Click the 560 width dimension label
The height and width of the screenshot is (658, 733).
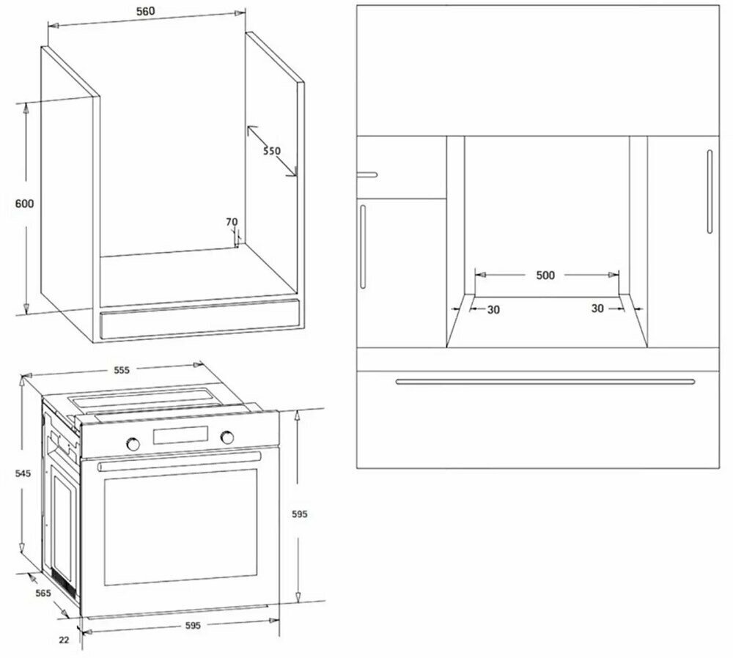145,11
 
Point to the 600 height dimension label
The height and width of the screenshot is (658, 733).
24,204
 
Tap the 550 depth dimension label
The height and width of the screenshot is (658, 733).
272,150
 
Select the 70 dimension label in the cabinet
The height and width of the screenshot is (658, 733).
232,222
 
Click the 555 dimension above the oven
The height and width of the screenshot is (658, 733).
122,370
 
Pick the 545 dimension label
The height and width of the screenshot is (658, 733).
23,473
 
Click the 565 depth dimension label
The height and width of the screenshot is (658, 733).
43,594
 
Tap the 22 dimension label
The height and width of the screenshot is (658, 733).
64,640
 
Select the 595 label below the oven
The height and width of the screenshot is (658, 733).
193,625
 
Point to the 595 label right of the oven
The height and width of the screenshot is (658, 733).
300,514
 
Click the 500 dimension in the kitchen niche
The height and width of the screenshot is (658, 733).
545,276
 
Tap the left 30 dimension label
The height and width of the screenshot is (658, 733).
493,309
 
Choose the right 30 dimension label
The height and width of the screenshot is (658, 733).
597,308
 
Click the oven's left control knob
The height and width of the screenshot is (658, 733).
133,443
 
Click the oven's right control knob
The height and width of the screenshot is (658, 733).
228,437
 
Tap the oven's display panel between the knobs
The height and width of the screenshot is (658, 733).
180,435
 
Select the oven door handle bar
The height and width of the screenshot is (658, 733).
179,461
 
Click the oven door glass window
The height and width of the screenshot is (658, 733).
180,527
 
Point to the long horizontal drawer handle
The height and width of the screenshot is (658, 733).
545,382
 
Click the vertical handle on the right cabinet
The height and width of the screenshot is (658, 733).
710,191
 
